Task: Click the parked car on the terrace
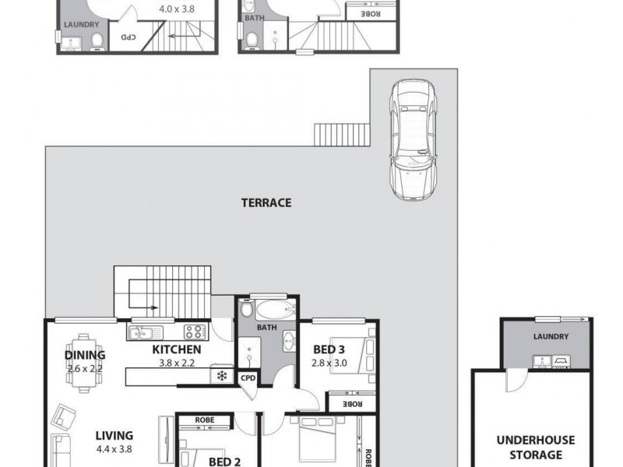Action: (x=414, y=139)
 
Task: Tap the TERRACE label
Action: (x=266, y=203)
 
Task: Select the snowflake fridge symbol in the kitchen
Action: (x=222, y=377)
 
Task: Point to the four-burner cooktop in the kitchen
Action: (x=194, y=332)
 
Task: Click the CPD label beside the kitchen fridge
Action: (x=248, y=377)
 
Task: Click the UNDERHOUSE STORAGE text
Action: (x=530, y=447)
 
